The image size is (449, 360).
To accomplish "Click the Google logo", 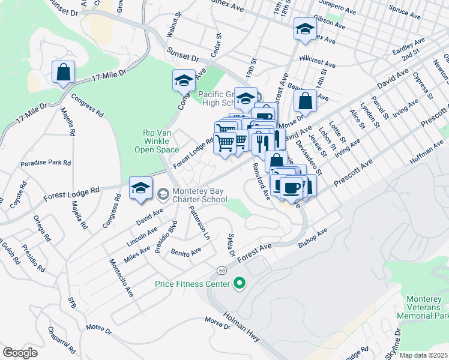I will (x=20, y=353).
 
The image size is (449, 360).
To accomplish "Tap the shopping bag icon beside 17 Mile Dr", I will (x=63, y=73).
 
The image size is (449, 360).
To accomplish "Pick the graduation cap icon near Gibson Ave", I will (x=305, y=28).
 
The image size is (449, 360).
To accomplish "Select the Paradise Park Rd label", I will (x=46, y=163).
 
